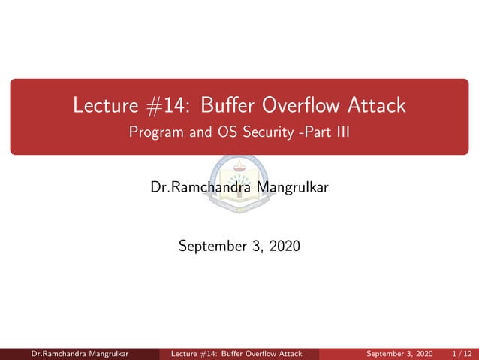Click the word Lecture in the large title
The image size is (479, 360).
pos(104,106)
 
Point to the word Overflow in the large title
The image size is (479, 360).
pos(300,106)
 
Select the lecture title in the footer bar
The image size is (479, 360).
pos(236,354)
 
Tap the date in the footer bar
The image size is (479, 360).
pos(399,354)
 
